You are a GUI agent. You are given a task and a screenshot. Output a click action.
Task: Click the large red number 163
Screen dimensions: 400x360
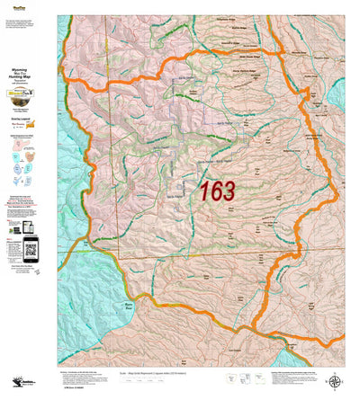[x=217, y=191]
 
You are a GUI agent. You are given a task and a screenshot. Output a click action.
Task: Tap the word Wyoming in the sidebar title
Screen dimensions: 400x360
[x=27, y=66]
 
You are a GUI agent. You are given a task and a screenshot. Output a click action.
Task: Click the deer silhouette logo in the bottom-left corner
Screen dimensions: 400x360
[x=13, y=381]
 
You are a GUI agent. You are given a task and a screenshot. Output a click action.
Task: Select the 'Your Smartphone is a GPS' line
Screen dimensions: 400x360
[x=28, y=211]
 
